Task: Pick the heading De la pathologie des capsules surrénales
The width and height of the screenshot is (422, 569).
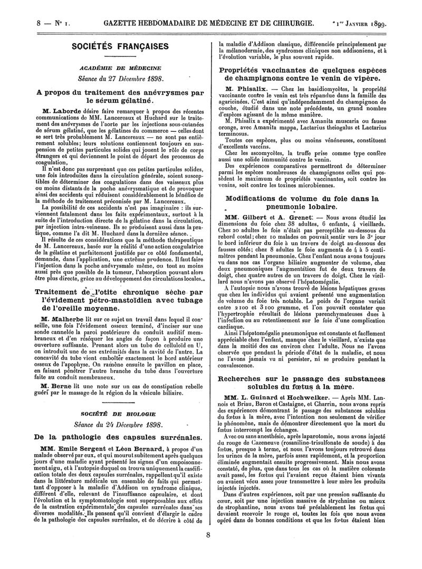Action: (x=113, y=437)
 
